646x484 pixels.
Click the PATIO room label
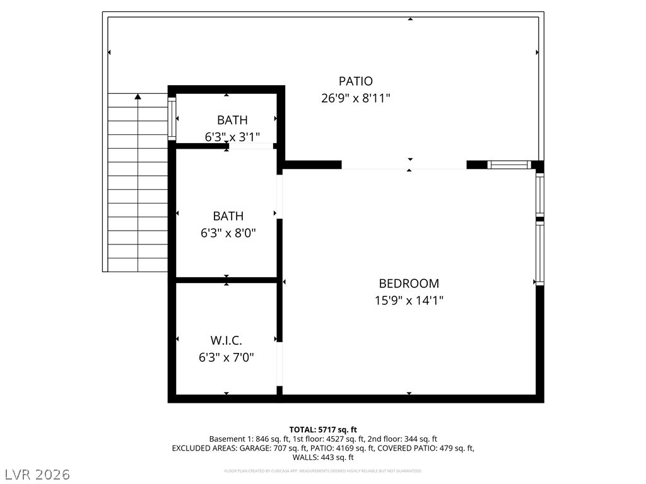tap(356, 81)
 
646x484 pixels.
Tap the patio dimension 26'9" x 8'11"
tap(356, 98)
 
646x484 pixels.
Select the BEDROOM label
tap(409, 284)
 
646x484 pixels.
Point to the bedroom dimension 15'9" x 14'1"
tap(409, 301)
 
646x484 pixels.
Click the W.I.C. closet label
tap(226, 340)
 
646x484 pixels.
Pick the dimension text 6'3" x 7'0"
tap(226, 357)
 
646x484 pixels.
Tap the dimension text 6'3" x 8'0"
tap(228, 233)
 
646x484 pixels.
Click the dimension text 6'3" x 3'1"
tap(232, 137)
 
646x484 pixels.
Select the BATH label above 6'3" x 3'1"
tap(232, 120)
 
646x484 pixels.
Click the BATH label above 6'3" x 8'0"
tap(228, 216)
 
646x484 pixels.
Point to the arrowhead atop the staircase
tap(138, 96)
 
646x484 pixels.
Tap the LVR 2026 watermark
tap(36, 474)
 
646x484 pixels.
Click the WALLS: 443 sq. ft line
tap(323, 458)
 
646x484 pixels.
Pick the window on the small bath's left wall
tap(172, 118)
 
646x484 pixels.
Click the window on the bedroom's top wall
tap(509, 165)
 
